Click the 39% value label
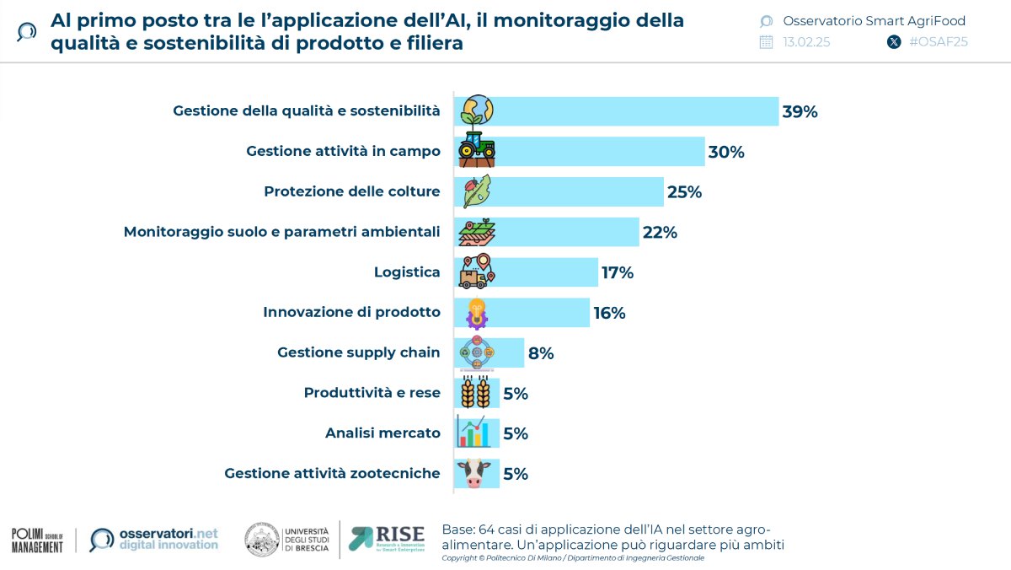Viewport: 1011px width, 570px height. [800, 112]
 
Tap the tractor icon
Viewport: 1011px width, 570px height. [476, 149]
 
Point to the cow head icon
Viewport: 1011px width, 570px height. [473, 474]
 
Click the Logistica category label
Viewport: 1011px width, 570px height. [407, 272]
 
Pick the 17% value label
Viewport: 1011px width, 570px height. [617, 272]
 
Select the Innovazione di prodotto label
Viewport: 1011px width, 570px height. [351, 312]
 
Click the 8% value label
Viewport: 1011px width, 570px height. [541, 353]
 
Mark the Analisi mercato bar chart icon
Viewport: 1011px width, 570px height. [473, 432]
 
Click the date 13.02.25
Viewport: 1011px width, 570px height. [806, 42]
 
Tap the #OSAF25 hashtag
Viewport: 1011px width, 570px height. [938, 42]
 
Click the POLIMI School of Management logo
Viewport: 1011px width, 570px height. [37, 540]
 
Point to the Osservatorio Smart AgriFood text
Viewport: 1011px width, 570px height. [874, 21]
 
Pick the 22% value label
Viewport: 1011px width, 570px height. [660, 233]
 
